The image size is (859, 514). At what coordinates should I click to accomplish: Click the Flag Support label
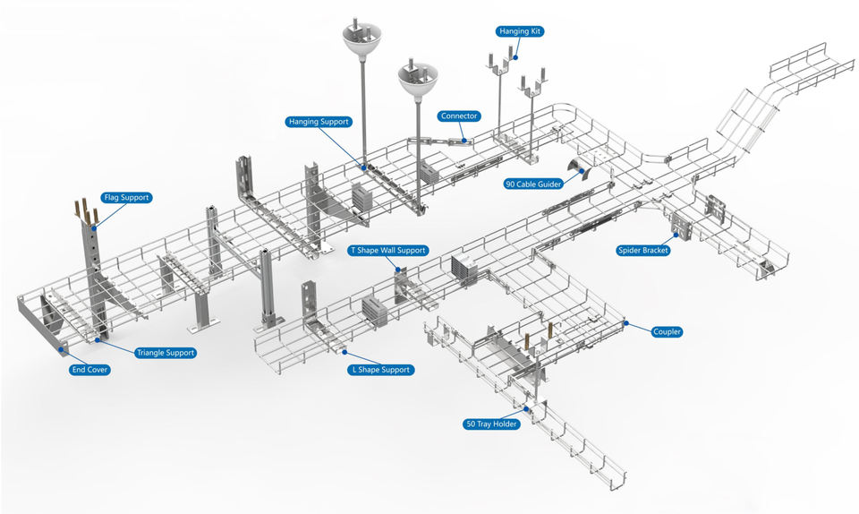pyautogui.click(x=125, y=197)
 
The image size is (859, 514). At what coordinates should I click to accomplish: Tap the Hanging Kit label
pyautogui.click(x=520, y=31)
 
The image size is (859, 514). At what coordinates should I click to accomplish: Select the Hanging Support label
pyautogui.click(x=319, y=122)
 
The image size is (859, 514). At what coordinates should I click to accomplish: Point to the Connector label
pyautogui.click(x=460, y=116)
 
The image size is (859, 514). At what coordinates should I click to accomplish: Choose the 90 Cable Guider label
pyautogui.click(x=533, y=184)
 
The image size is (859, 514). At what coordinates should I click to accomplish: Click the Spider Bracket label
pyautogui.click(x=642, y=251)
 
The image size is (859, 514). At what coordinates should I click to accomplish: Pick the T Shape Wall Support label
pyautogui.click(x=387, y=251)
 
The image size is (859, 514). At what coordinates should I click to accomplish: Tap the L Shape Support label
pyautogui.click(x=381, y=370)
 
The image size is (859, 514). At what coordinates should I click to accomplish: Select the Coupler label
pyautogui.click(x=668, y=332)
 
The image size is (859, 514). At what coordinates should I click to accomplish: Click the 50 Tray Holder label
pyautogui.click(x=491, y=424)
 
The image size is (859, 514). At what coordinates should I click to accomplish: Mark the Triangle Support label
pyautogui.click(x=165, y=353)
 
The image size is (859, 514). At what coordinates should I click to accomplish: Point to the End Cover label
pyautogui.click(x=89, y=369)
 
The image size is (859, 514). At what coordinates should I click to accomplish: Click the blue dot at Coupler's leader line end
pyautogui.click(x=626, y=323)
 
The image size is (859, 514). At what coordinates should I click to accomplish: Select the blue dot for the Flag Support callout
pyautogui.click(x=93, y=228)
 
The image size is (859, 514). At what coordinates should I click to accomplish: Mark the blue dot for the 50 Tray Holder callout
pyautogui.click(x=528, y=409)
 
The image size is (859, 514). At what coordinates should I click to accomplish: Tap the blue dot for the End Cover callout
pyautogui.click(x=63, y=349)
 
